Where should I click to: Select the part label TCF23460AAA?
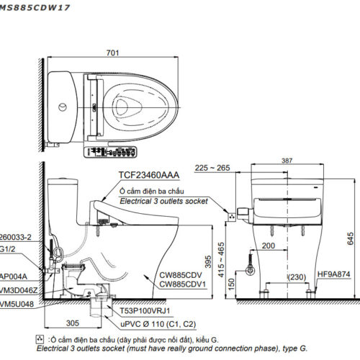pos(148,174)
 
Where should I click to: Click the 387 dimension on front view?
pos(287,161)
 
